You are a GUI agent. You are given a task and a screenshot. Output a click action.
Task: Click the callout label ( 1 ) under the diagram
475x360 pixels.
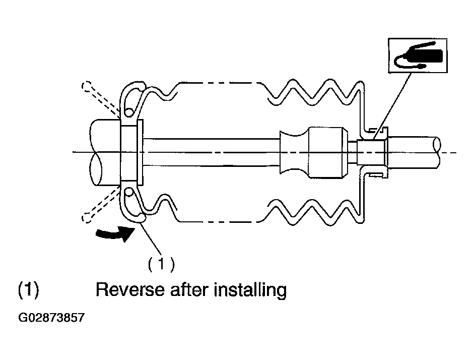point(161,264)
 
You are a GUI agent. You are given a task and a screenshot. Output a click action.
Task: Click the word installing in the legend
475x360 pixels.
point(250,290)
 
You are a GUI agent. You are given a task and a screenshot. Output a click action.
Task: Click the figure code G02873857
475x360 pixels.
point(51,318)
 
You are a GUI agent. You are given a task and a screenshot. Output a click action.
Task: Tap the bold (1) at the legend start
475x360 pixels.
point(29,290)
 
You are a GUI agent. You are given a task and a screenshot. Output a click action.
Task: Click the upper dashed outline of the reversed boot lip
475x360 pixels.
point(100,98)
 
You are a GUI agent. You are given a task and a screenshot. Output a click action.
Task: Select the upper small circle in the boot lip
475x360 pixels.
point(129,112)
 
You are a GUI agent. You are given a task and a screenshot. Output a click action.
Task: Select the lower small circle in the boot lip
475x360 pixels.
point(129,192)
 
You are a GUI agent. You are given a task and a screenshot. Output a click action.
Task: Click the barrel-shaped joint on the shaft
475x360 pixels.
point(328,152)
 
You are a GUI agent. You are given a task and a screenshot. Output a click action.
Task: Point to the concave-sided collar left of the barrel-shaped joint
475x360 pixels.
point(294,152)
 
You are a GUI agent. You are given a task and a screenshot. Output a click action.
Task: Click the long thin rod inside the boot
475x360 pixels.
point(211,152)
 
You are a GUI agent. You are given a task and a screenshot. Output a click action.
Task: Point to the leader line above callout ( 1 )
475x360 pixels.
point(151,238)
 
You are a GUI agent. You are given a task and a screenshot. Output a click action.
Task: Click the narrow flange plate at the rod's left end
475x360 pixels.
point(140,152)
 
